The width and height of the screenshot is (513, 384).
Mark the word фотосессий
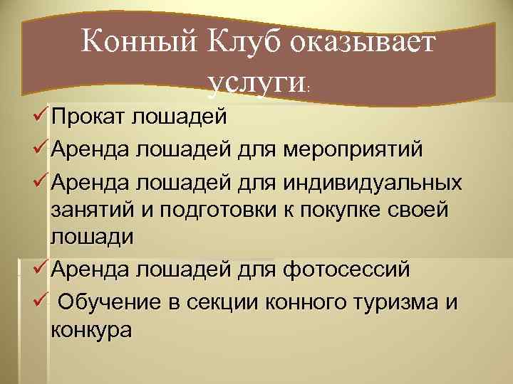click(347, 270)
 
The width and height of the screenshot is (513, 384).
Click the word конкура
click(91, 331)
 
